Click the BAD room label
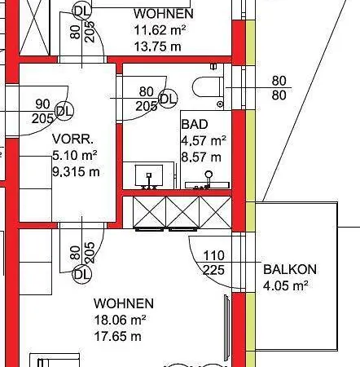coord(195,124)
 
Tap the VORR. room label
coord(72,139)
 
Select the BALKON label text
coord(290,269)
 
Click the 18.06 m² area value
coord(120,320)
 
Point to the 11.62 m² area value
coord(160,29)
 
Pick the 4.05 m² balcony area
coord(286,285)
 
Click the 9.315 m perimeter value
coord(76,172)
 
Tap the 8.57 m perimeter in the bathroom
coord(201,157)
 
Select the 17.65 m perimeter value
coord(117,336)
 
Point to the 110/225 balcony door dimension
coord(214,263)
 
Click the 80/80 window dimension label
coord(279,88)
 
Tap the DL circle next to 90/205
coord(64,111)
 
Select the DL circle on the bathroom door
coord(168,99)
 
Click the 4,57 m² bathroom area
coord(204,141)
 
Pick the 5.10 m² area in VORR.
coord(75,156)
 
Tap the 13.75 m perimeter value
coord(158,46)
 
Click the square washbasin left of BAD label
coord(149,175)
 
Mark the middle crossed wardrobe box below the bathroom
coord(182,212)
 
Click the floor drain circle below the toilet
coord(220,104)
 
